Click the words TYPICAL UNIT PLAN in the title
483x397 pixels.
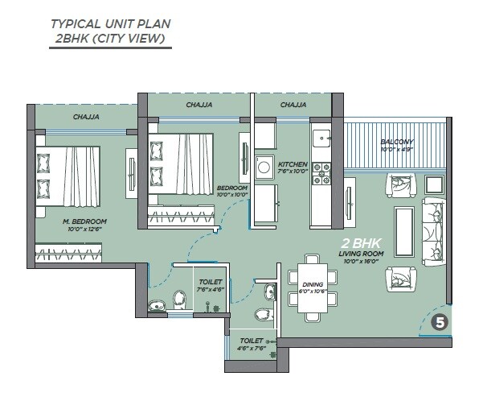(x=110, y=23)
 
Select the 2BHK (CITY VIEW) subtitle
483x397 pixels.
(x=110, y=38)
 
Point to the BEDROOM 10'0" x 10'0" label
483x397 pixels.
(x=232, y=191)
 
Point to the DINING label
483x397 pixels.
(x=313, y=284)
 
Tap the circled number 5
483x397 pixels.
(x=440, y=323)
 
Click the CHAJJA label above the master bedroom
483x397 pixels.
(x=86, y=117)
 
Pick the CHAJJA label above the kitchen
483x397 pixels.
(x=293, y=105)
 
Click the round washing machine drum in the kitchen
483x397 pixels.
(x=264, y=167)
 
